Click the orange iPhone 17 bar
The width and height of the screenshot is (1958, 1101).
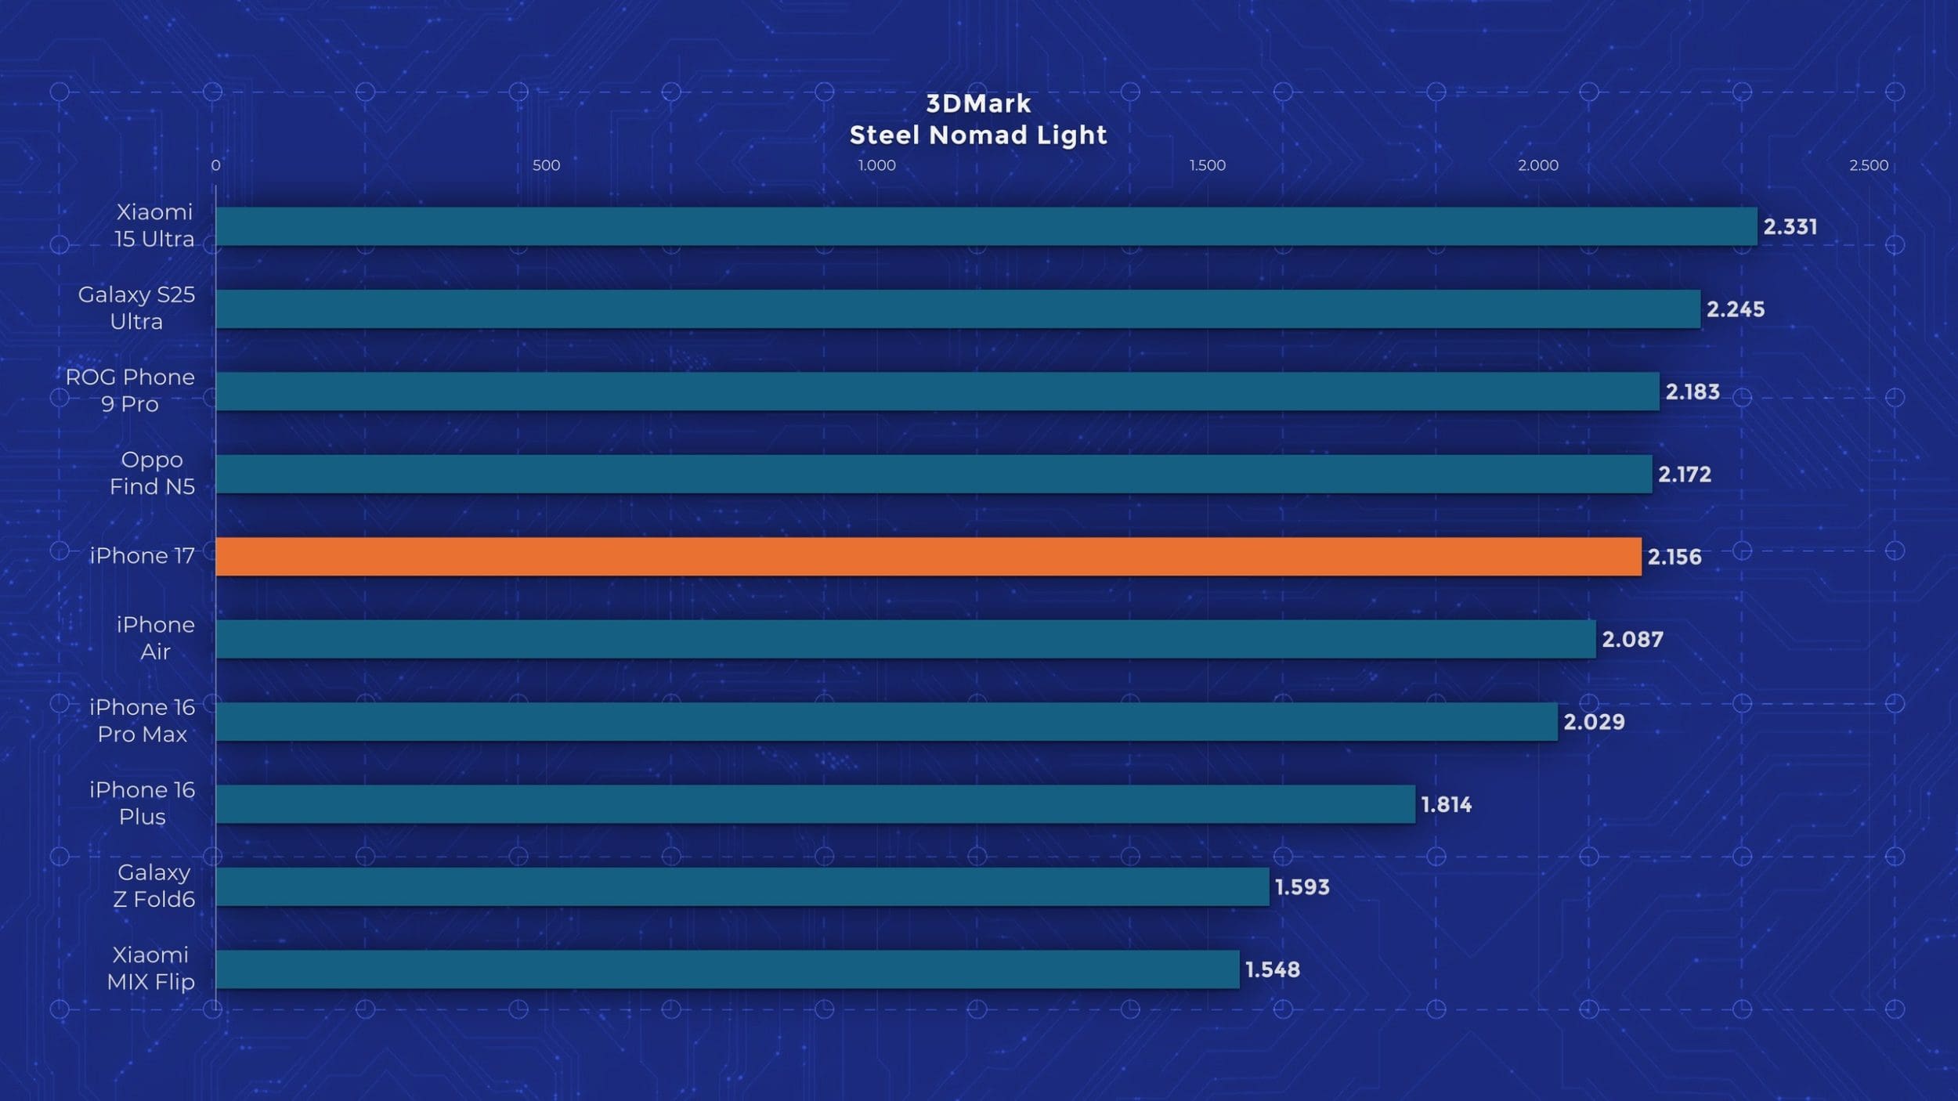928,556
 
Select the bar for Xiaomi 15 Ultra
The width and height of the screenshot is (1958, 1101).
986,226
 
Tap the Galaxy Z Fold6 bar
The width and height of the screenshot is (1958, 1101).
742,886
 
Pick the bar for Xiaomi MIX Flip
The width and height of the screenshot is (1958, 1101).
727,969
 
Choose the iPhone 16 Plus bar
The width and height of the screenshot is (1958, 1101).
815,804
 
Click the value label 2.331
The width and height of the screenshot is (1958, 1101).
1790,227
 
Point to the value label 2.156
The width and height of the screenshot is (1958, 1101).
1674,557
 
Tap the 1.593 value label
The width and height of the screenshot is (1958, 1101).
1302,887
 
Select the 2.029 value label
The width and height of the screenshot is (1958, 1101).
1594,722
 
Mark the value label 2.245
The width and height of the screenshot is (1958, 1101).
1736,309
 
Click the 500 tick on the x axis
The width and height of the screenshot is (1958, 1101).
546,165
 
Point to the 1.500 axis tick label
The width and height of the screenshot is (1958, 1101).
1207,165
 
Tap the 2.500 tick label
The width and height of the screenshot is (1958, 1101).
1869,165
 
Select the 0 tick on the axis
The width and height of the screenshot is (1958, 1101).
215,165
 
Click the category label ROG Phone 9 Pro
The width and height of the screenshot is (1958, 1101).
130,390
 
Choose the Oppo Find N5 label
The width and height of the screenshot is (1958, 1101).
152,473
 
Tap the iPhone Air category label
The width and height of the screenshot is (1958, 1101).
155,637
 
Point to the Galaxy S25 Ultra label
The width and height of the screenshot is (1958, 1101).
136,308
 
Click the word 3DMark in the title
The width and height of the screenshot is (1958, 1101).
978,103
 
